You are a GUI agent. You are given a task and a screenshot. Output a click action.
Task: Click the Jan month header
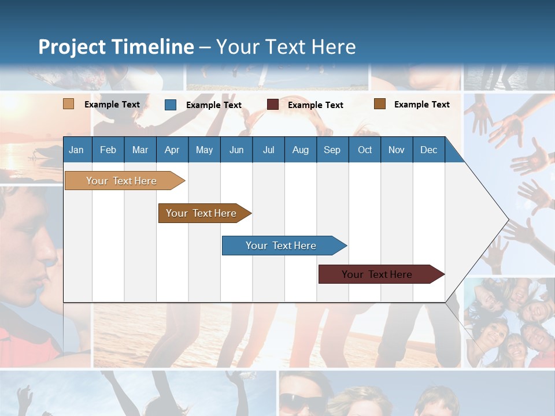(x=76, y=150)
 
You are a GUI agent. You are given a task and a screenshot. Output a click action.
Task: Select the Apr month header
(x=172, y=150)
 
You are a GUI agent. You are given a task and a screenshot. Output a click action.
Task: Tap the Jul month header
(x=268, y=150)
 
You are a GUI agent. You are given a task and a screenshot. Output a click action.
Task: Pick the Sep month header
(x=332, y=150)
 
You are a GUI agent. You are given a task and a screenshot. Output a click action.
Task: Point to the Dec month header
(x=428, y=150)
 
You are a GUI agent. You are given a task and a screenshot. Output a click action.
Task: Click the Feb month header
(x=108, y=150)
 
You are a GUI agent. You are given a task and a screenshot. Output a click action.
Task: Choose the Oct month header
(x=365, y=150)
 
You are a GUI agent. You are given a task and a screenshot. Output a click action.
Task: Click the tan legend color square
(x=68, y=104)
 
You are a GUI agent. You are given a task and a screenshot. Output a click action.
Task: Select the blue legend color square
(x=171, y=105)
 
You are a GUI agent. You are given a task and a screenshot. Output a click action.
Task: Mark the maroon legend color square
(x=273, y=105)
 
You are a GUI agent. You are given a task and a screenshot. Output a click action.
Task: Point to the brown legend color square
(x=380, y=104)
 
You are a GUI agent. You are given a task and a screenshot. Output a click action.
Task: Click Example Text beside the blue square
(x=214, y=105)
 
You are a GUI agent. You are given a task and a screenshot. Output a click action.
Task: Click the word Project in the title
(x=72, y=47)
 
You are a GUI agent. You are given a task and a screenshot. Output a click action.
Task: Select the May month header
(x=204, y=150)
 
